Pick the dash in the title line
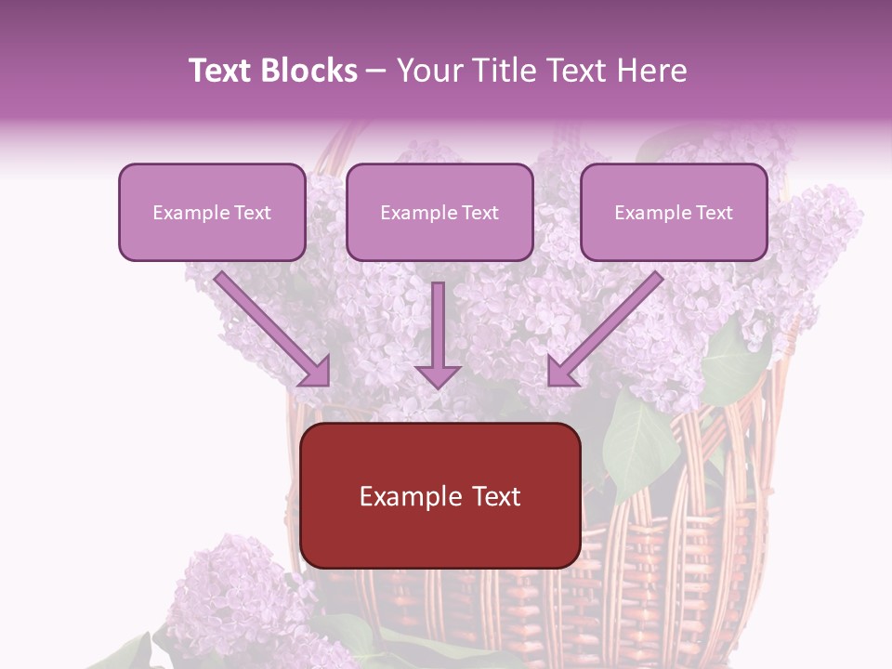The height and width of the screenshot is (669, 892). (376, 71)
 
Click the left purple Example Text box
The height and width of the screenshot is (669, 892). (212, 212)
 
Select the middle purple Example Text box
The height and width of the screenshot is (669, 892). (439, 212)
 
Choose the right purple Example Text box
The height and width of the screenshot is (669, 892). (674, 212)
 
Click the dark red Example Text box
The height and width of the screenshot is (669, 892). (439, 495)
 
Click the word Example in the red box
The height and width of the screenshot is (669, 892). (402, 496)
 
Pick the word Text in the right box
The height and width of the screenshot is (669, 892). (714, 213)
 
